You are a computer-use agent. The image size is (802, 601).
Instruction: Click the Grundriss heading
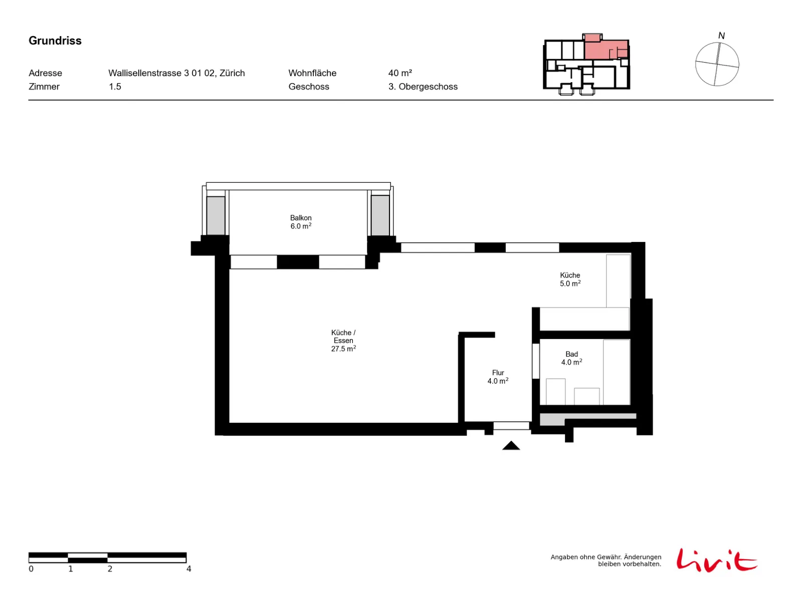[x=55, y=41]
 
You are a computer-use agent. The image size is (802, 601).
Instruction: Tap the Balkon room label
[x=301, y=222]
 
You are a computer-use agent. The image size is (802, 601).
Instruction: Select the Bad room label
[x=571, y=358]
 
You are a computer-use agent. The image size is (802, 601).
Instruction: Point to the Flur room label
[x=498, y=377]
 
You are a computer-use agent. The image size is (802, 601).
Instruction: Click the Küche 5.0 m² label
[x=570, y=279]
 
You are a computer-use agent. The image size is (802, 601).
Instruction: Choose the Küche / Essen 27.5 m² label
[x=343, y=341]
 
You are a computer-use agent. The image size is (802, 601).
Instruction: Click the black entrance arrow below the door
[x=511, y=445]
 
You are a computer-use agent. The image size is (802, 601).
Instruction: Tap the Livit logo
[x=716, y=560]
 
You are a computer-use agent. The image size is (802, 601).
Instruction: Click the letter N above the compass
[x=721, y=36]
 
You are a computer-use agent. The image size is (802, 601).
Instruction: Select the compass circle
[x=695, y=64]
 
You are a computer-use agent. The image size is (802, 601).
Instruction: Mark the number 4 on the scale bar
[x=188, y=568]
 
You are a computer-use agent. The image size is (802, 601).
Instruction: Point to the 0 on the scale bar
[x=31, y=568]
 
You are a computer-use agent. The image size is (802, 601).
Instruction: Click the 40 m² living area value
[x=400, y=73]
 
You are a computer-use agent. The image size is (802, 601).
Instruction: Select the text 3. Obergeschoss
[x=423, y=87]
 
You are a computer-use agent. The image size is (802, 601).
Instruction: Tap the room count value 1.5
[x=115, y=87]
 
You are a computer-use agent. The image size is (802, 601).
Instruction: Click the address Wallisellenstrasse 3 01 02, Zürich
[x=176, y=73]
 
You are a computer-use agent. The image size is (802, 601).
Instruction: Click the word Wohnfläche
[x=312, y=73]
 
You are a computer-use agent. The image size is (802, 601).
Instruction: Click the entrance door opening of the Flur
[x=511, y=426]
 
